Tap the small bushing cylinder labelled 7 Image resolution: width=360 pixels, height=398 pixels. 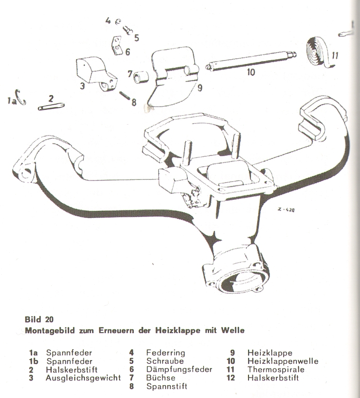click(x=141, y=77)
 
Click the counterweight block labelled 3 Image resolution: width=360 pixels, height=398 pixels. click(x=94, y=74)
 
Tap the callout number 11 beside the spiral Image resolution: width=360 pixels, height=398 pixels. click(x=334, y=55)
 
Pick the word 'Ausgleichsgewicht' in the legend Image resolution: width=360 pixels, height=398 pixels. click(x=83, y=378)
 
